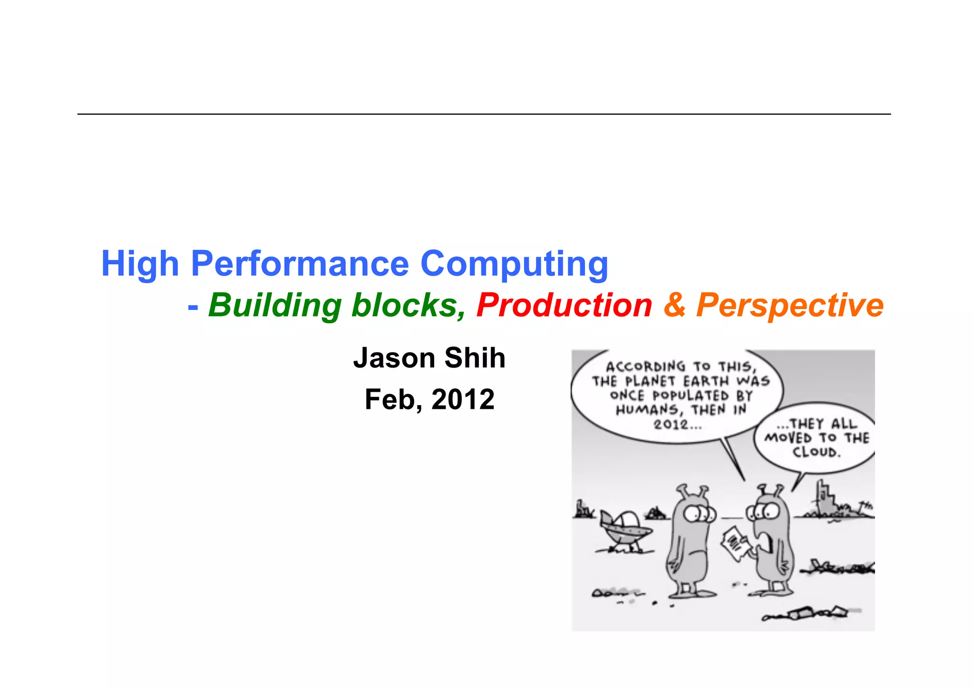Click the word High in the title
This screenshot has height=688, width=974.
(140, 264)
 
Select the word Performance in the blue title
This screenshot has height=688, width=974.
(300, 264)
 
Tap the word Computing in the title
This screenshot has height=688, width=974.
(514, 264)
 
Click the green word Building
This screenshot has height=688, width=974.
(275, 305)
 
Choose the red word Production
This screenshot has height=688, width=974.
(564, 305)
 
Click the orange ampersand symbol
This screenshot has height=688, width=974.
(674, 305)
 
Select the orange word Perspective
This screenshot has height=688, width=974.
(790, 305)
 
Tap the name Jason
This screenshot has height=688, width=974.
(394, 358)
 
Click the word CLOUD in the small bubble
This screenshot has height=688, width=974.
(817, 452)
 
